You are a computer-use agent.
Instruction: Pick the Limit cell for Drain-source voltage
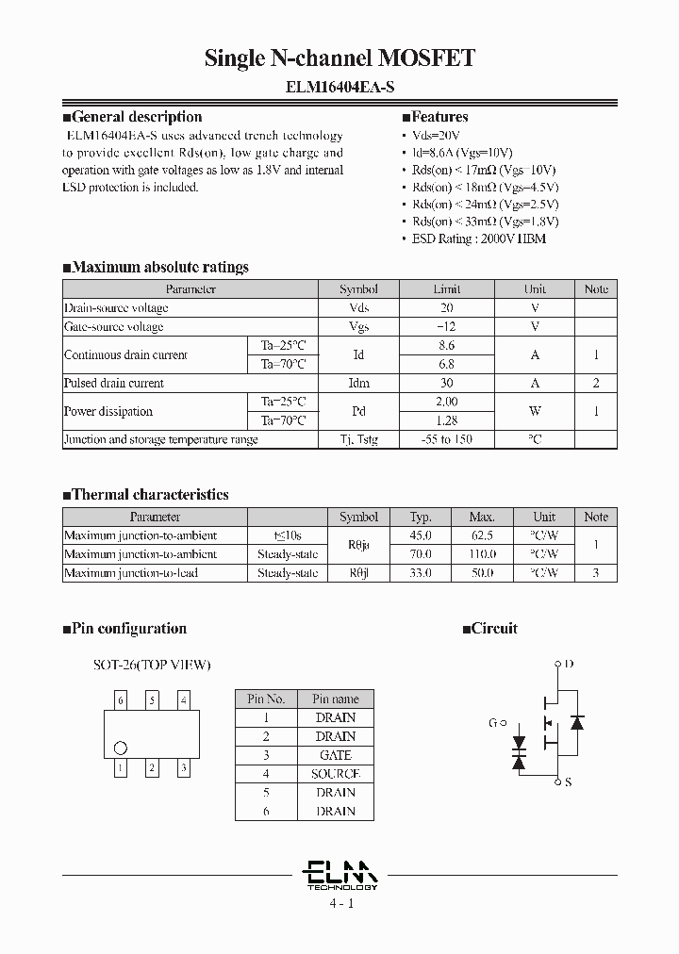(447, 308)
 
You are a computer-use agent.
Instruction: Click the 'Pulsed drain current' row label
(113, 384)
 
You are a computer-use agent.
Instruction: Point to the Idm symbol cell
(358, 384)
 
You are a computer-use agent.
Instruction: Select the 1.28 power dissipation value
(447, 420)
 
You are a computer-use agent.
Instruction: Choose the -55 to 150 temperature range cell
(447, 440)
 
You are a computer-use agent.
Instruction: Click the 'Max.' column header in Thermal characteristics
(481, 517)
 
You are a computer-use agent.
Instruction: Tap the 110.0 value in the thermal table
(481, 554)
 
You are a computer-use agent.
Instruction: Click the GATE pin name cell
(335, 755)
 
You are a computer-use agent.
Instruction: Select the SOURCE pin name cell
(335, 774)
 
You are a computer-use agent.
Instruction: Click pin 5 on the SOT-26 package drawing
(152, 700)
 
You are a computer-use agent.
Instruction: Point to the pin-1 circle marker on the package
(120, 748)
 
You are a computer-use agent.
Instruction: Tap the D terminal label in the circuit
(569, 664)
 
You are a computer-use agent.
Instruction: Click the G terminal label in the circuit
(492, 723)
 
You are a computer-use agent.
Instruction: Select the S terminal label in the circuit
(568, 781)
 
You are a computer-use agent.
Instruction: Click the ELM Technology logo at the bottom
(340, 875)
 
